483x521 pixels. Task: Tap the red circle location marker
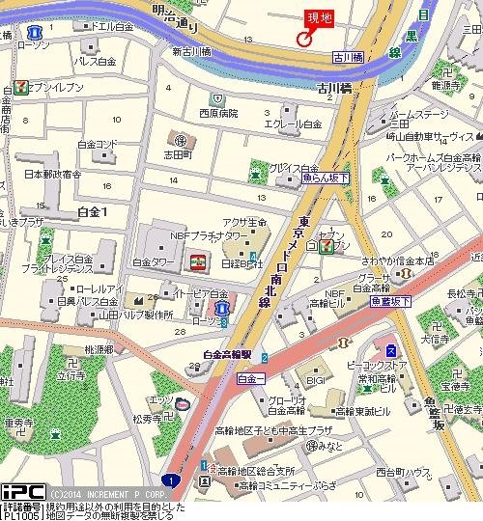[303, 40]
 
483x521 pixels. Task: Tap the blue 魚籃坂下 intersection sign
[390, 302]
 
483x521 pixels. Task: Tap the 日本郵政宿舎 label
[52, 175]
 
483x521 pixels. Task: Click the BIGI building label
[315, 381]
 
